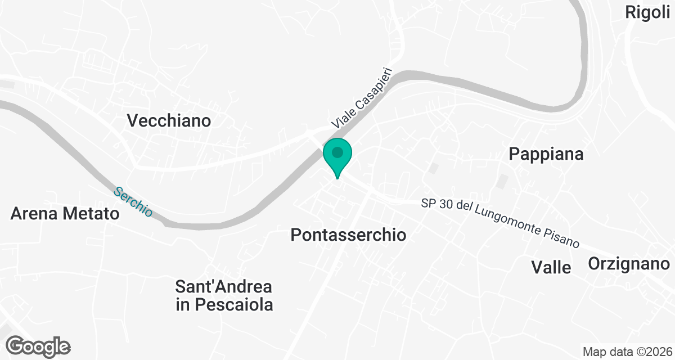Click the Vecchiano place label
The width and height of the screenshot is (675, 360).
coord(169,120)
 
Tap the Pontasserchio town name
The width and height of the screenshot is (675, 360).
coord(348,235)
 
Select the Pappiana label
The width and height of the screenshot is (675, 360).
coord(546,154)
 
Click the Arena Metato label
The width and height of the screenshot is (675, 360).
coord(65,214)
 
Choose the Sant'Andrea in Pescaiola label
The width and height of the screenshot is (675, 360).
coord(224,296)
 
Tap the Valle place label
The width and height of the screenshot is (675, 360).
coord(551,267)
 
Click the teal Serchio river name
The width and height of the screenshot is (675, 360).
coord(133,201)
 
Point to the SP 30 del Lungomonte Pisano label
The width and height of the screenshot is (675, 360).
coord(500,223)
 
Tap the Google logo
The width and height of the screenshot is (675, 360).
coord(39,346)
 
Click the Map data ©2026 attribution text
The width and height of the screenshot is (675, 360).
coord(627,352)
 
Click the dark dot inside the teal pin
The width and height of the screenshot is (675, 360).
coord(337,152)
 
